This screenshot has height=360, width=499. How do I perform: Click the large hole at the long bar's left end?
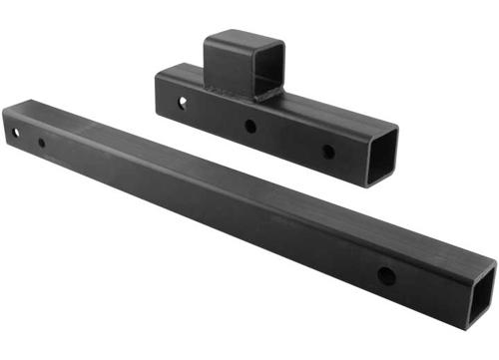[16, 132]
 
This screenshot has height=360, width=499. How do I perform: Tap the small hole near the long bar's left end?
[41, 143]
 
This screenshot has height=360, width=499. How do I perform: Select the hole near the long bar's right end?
[385, 275]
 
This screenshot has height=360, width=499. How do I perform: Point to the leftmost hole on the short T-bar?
[183, 103]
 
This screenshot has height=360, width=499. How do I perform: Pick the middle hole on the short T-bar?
[249, 127]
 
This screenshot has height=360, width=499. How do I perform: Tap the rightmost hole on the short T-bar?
[327, 153]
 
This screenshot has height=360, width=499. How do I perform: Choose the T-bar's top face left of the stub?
[185, 72]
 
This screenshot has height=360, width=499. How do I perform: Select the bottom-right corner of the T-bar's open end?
[395, 177]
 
